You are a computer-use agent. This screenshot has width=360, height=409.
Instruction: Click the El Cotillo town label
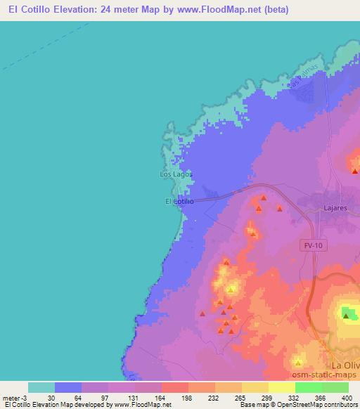point(179,202)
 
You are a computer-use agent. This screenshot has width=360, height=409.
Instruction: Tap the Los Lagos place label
point(175,174)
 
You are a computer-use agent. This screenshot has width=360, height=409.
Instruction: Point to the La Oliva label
point(345,365)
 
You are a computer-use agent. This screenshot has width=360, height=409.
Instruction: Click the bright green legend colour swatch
point(308,387)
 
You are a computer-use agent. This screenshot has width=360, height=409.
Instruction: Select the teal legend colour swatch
point(41,387)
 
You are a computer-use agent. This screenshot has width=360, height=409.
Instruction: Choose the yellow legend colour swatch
point(281,387)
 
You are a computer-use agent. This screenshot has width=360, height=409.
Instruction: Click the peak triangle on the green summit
point(346,316)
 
